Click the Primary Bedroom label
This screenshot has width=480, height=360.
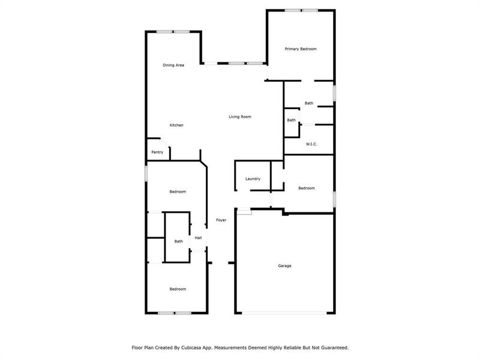(301, 49)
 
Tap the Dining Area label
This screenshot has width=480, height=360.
(173, 65)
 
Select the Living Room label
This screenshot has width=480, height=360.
(240, 116)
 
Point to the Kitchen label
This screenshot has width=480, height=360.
(176, 125)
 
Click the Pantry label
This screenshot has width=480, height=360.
(157, 152)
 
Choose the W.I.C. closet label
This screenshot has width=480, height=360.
(311, 144)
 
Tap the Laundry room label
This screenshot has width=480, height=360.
(253, 179)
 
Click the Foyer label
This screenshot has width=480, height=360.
(221, 220)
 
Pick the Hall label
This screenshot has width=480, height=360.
(198, 238)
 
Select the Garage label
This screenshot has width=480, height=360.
(284, 265)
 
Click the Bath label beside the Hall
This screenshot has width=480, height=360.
(179, 241)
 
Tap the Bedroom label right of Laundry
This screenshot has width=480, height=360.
(307, 188)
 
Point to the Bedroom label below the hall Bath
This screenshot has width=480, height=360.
(178, 289)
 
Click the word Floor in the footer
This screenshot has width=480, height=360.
(137, 347)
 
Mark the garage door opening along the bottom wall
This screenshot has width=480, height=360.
(285, 313)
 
